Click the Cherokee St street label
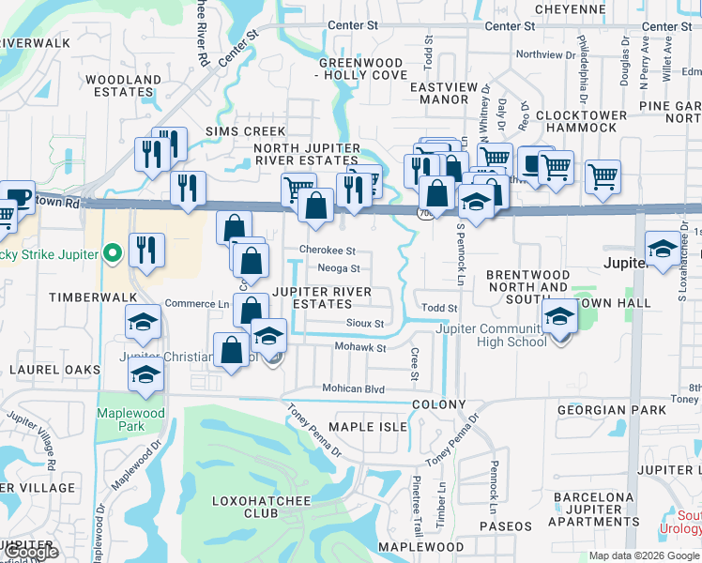[327, 251]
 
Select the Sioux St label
[367, 324]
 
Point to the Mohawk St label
[361, 348]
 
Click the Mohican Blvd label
[354, 388]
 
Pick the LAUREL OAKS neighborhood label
[54, 370]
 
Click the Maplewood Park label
[130, 419]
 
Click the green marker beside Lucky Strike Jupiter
[114, 253]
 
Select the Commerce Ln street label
[197, 304]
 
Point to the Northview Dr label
[544, 54]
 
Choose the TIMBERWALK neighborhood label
[50, 295]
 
